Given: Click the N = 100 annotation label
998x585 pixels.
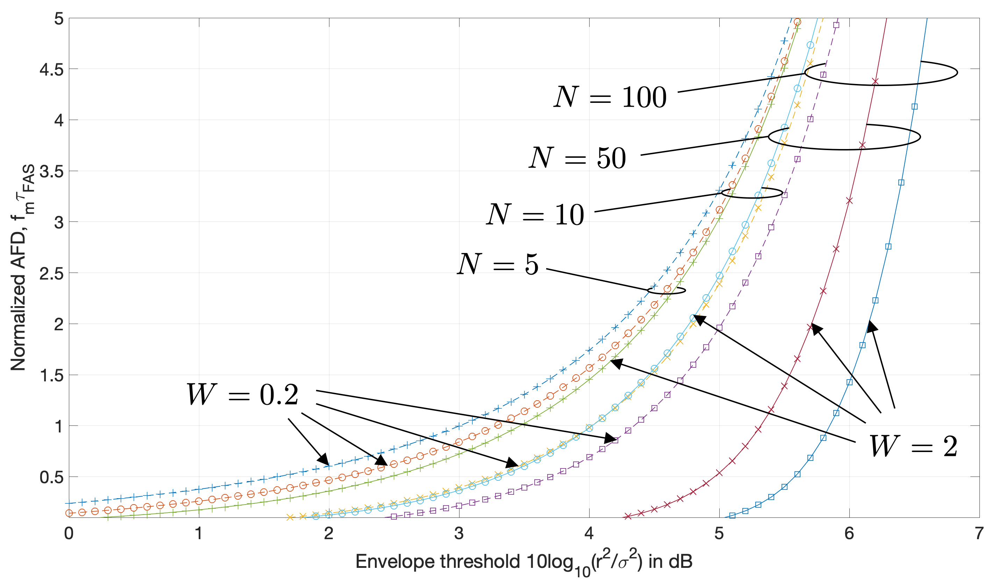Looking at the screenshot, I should pos(610,97).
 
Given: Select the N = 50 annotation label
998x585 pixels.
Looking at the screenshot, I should pos(578,158).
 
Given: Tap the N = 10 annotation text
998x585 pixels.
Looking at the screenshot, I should pos(535,214).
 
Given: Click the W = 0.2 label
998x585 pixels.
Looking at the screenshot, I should pos(242,395).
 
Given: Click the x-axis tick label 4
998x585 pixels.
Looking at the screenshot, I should pos(589,534).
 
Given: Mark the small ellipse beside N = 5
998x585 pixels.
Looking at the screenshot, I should pos(666,290).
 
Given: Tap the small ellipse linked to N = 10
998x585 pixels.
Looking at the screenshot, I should pos(752,193).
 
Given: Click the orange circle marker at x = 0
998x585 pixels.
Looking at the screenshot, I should pos(69,513).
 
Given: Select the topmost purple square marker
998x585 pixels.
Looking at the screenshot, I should pos(836,25).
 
